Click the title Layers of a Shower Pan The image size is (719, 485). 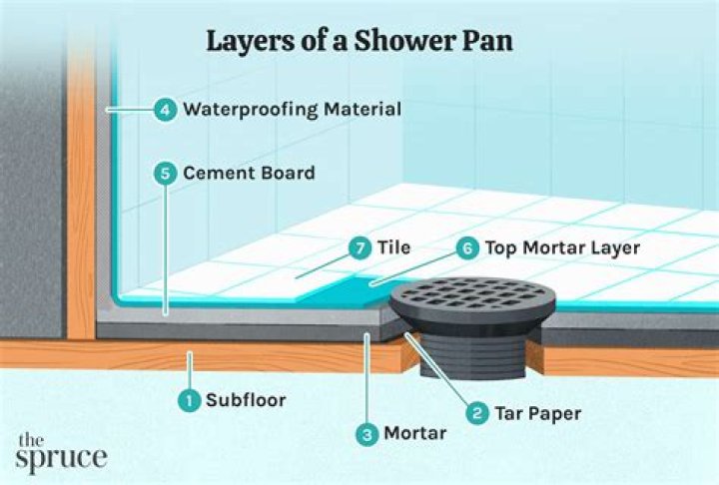click(x=359, y=41)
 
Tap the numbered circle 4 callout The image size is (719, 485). click(x=164, y=109)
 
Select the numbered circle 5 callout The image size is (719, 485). click(x=165, y=174)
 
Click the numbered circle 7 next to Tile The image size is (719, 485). click(x=357, y=245)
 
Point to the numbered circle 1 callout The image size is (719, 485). click(x=187, y=400)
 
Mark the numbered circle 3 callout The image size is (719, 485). click(x=368, y=434)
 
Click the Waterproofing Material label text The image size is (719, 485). click(x=292, y=109)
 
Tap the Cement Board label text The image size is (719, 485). click(x=249, y=174)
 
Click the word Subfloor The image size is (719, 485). click(x=246, y=400)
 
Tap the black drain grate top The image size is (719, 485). click(x=472, y=296)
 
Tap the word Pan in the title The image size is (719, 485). click(x=488, y=41)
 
